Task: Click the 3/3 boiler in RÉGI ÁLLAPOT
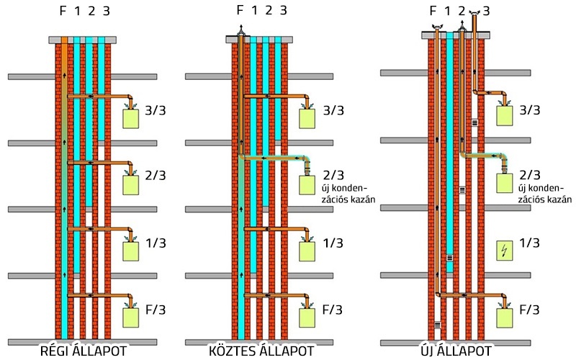click(x=131, y=117)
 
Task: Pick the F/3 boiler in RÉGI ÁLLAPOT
click(x=131, y=318)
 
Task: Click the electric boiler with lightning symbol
click(x=505, y=251)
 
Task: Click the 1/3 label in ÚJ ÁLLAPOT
click(x=529, y=243)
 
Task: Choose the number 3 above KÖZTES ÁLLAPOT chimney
click(x=284, y=11)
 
